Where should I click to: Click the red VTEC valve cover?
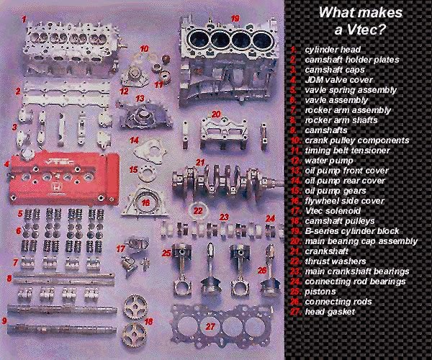(61, 176)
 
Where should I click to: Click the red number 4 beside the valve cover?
(6, 163)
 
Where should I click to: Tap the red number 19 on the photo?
(235, 18)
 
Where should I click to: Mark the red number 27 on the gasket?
(210, 326)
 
